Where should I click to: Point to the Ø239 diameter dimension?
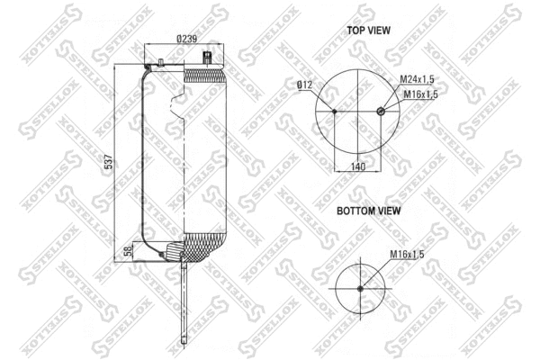click(x=186, y=38)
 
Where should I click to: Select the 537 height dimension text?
click(x=109, y=162)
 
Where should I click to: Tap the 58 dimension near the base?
click(x=128, y=250)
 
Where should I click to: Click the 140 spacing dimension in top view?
click(x=357, y=166)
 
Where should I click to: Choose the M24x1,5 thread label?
click(x=419, y=80)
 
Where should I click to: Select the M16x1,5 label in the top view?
click(x=420, y=94)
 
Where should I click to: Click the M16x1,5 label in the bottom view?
click(x=407, y=255)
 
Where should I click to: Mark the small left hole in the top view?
click(x=335, y=112)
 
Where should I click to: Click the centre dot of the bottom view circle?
click(x=359, y=288)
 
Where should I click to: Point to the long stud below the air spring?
click(x=183, y=297)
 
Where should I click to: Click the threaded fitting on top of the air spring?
click(x=209, y=60)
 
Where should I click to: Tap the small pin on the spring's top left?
click(x=159, y=62)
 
